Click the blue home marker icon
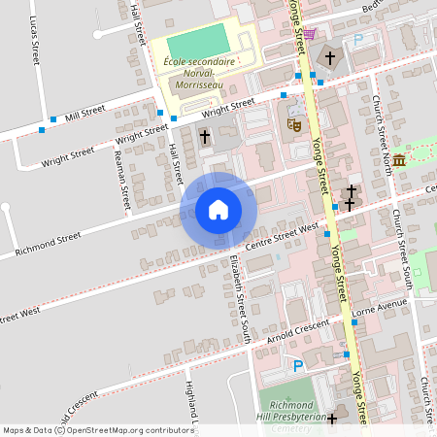pos(218,210)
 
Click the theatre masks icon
pos(292,124)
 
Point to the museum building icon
pos(399,158)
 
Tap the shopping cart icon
pos(310,34)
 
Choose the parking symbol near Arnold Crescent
pos(298,366)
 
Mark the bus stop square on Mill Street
pos(41,130)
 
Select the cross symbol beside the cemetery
pos(332,419)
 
